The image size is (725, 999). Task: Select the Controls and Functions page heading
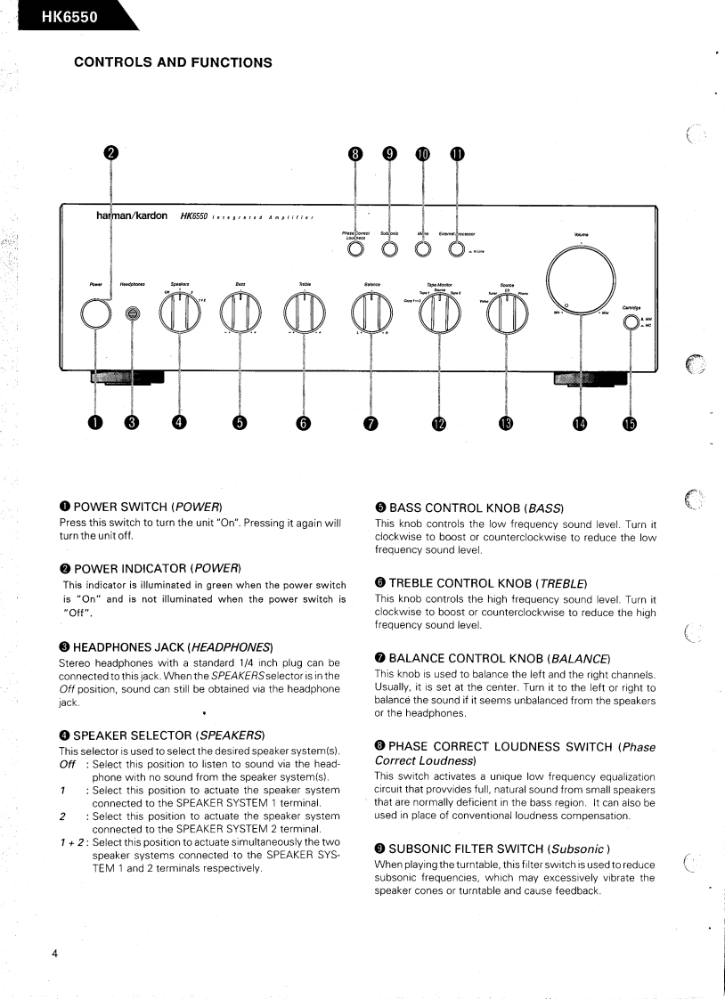point(173,62)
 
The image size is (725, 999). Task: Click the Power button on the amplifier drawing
point(96,313)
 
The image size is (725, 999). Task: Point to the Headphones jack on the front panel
point(133,313)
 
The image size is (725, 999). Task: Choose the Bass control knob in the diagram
point(240,313)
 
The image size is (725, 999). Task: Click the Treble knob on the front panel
point(305,313)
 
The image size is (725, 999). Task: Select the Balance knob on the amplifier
point(371,313)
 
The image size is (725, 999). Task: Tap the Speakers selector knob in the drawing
point(181,313)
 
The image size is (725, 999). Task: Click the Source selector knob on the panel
point(506,313)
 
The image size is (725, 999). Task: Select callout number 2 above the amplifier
point(110,153)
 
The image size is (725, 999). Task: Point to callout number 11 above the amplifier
point(457,154)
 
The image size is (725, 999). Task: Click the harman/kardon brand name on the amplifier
point(133,216)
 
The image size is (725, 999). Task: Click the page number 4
point(54,954)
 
